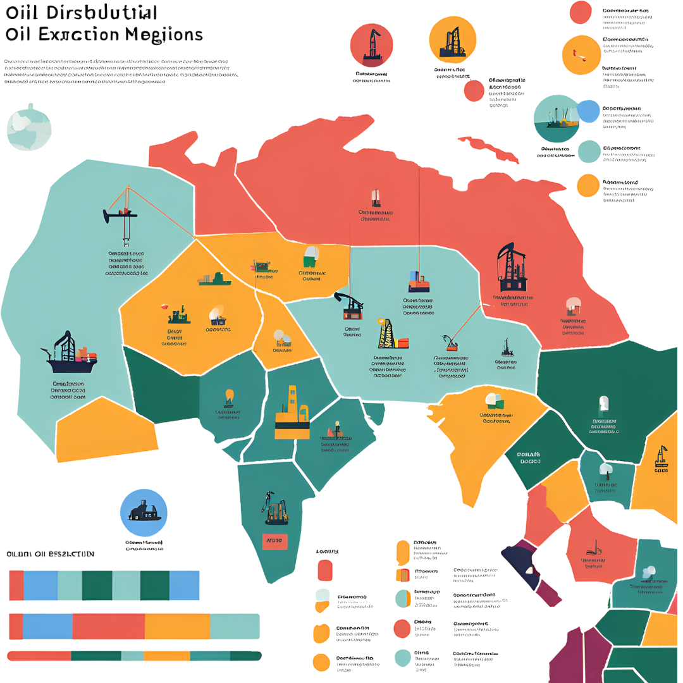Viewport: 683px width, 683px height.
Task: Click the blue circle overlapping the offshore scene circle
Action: pos(588,111)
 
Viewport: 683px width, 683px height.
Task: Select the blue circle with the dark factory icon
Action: pos(144,512)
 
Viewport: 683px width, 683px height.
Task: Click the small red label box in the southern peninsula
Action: pos(274,541)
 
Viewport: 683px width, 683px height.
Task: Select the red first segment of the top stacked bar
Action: pos(16,585)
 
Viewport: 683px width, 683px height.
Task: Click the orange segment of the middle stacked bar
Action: pos(177,626)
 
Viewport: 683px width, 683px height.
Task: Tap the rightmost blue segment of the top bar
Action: pos(184,585)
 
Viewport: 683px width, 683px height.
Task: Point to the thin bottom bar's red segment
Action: pos(38,656)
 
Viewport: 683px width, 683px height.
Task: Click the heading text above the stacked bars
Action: pos(51,554)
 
